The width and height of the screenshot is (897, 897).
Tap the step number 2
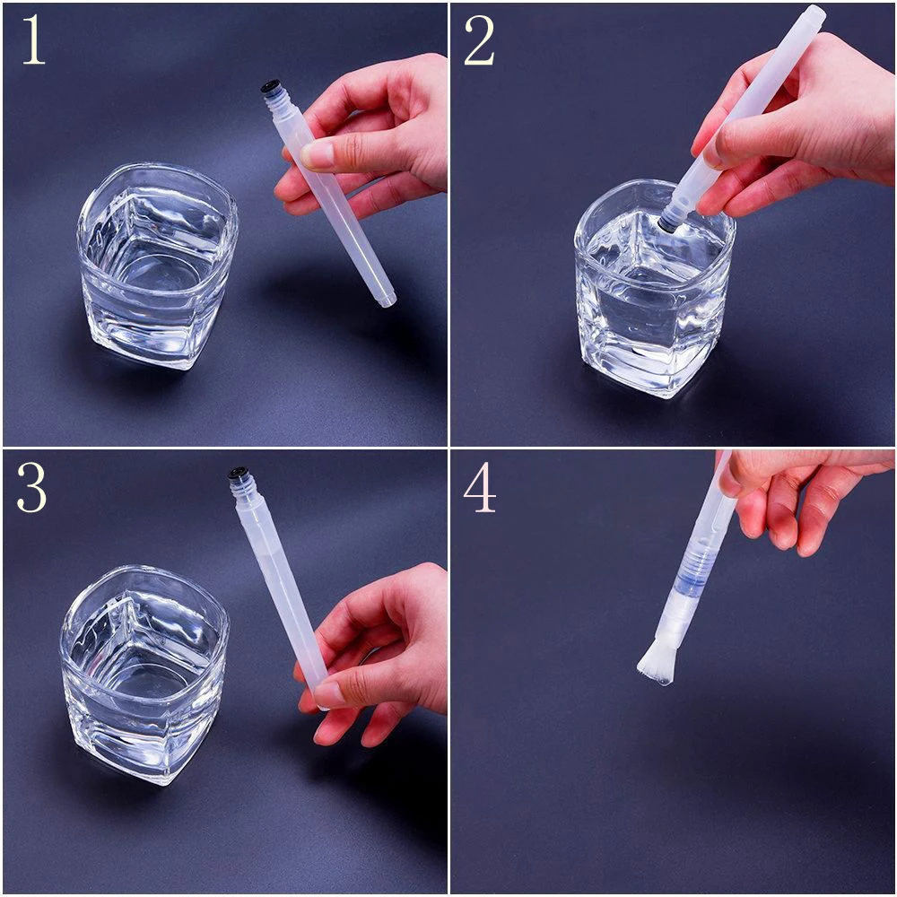coord(479,42)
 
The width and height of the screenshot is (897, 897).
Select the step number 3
coord(31,487)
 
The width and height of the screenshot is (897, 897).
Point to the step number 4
coord(479,487)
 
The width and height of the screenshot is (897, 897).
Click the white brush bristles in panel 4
coord(656,664)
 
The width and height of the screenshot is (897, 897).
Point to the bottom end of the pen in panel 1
coord(388,300)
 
